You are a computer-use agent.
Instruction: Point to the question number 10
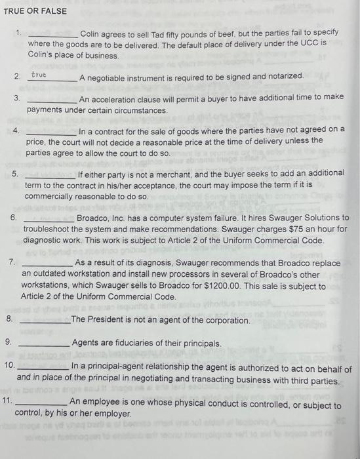click(9, 368)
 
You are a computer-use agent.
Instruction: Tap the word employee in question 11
click(98, 402)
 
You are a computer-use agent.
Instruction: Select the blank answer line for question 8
click(45, 322)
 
